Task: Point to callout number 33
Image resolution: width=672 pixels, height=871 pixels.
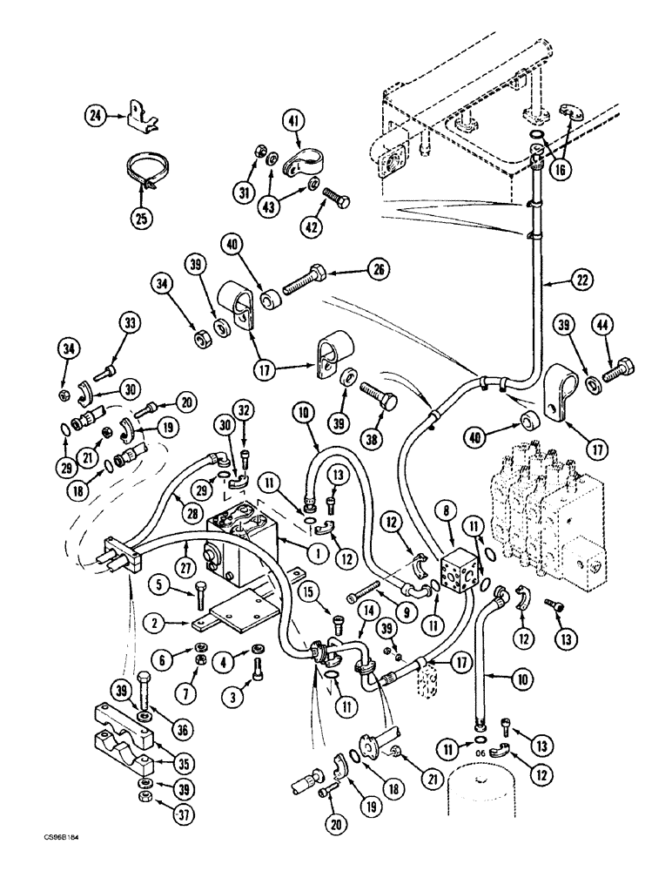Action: click(x=129, y=325)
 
